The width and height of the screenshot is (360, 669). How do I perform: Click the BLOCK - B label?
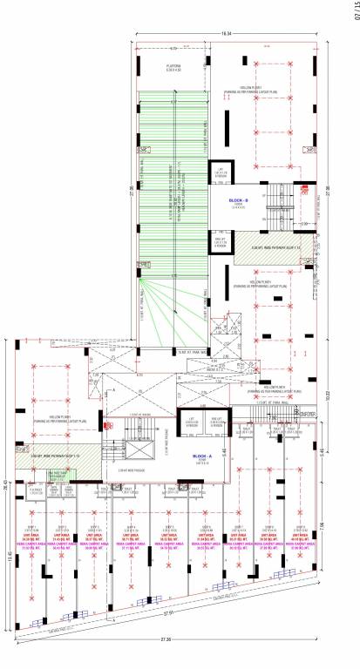pos(239,201)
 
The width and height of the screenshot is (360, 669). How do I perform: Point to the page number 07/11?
pos(353,12)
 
